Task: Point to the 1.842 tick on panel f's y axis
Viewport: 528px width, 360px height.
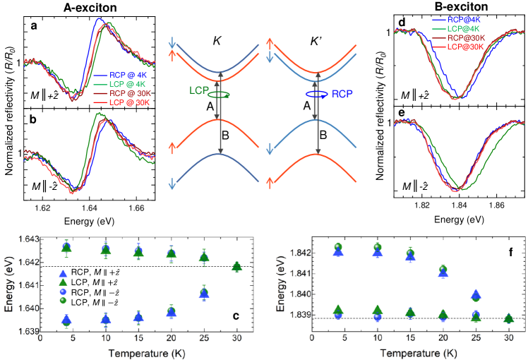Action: click(x=299, y=253)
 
